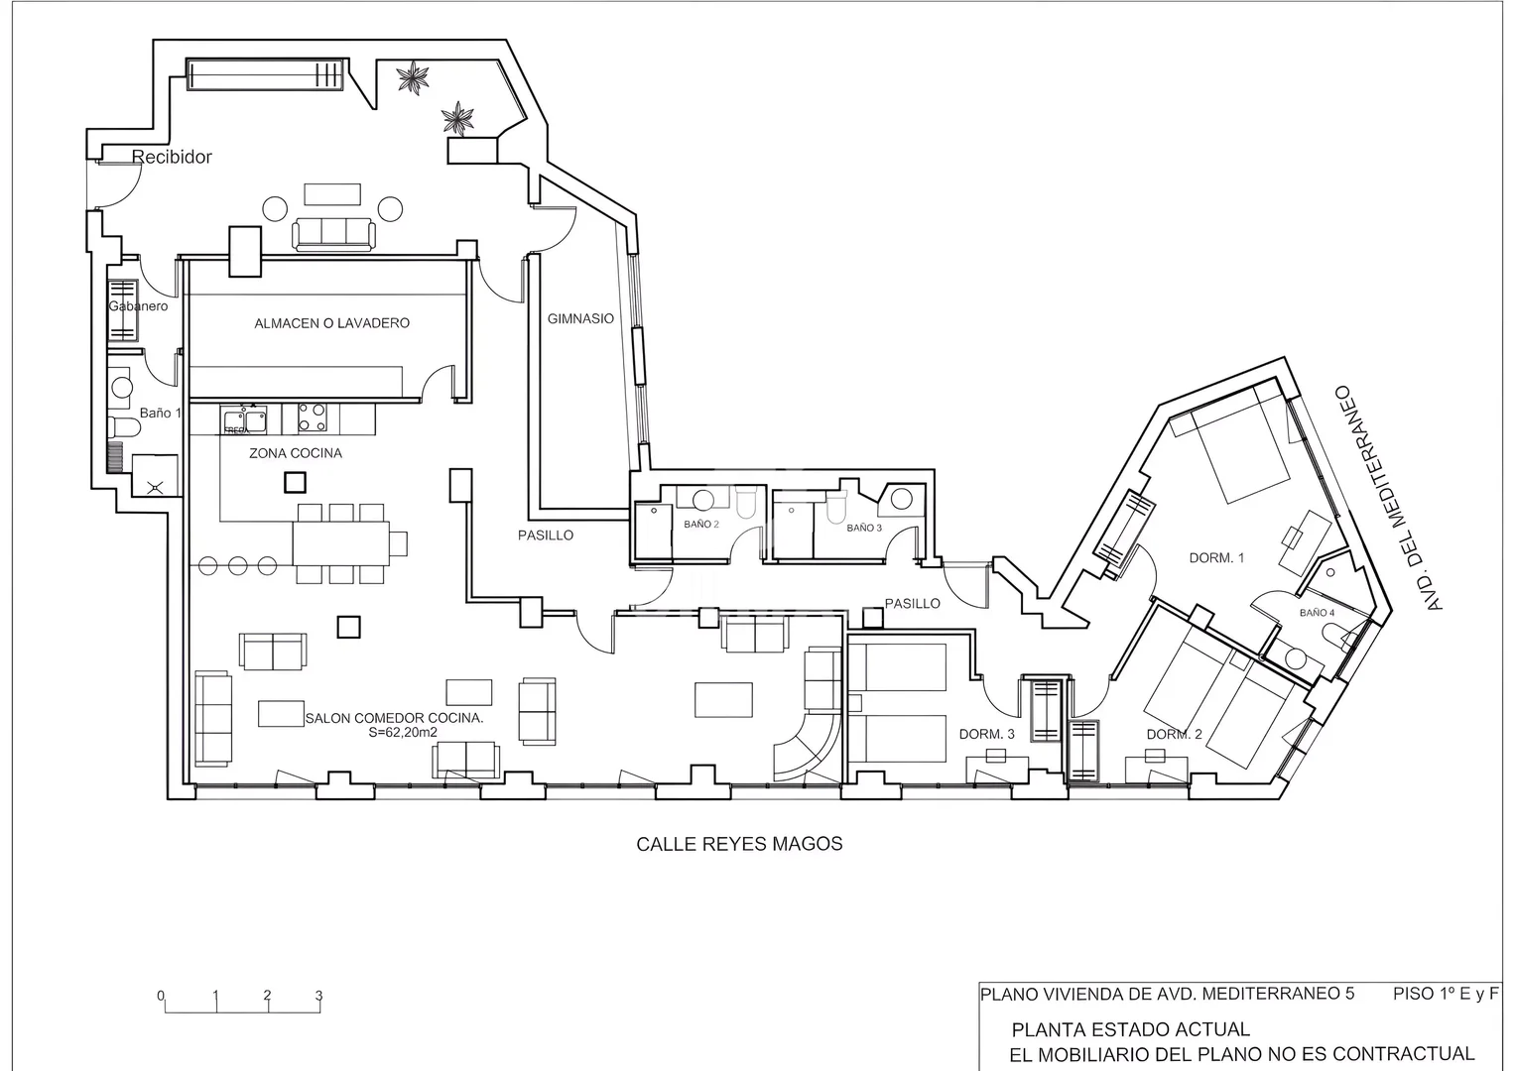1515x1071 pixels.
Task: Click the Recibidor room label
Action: click(x=172, y=157)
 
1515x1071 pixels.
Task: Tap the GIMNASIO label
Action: click(x=580, y=318)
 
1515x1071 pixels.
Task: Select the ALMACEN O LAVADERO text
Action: click(x=331, y=323)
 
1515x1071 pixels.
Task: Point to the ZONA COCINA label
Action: click(x=296, y=453)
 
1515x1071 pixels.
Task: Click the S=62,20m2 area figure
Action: click(x=394, y=732)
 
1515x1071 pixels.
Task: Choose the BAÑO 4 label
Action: click(x=1317, y=613)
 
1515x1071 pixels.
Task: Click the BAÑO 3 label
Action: click(x=864, y=528)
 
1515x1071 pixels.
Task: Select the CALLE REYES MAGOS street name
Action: click(x=739, y=844)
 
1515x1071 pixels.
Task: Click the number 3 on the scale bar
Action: click(x=318, y=996)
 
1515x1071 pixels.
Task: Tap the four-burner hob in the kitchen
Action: click(x=313, y=417)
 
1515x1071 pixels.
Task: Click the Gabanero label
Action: click(x=138, y=306)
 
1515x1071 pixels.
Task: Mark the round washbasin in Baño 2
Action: click(x=703, y=501)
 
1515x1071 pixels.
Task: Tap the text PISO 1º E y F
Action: click(x=1446, y=994)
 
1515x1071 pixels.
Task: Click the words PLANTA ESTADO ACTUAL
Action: click(x=1131, y=1029)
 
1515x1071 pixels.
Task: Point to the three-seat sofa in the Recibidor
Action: click(x=333, y=234)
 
